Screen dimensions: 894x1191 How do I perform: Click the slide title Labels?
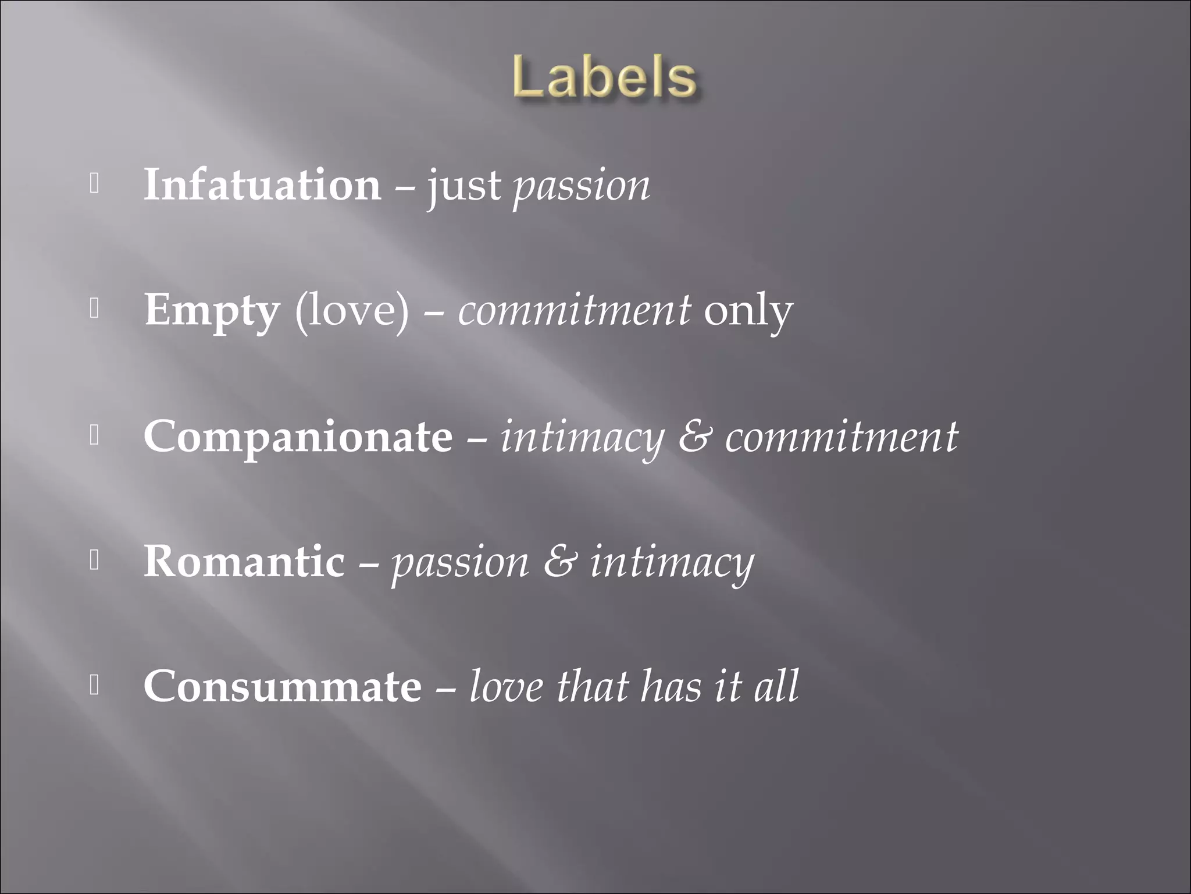[x=605, y=79]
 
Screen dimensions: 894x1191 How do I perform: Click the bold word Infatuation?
[x=262, y=185]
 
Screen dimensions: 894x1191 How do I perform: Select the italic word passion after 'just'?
[x=581, y=187]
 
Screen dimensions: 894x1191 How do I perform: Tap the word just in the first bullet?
[x=464, y=187]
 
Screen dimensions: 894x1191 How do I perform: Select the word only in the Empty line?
[x=748, y=311]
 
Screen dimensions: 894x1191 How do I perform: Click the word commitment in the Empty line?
[x=575, y=310]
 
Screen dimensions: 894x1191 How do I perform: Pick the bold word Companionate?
[x=298, y=437]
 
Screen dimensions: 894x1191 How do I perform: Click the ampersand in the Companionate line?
[x=694, y=437]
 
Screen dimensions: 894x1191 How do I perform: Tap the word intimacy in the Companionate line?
[x=582, y=438]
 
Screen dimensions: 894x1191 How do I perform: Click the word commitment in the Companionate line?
[x=841, y=437]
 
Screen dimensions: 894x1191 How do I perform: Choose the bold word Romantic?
[x=244, y=562]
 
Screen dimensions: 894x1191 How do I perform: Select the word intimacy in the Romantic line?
[x=672, y=563]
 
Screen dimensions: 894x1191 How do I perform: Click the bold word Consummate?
[x=283, y=687]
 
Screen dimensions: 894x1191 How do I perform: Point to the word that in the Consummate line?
[x=592, y=687]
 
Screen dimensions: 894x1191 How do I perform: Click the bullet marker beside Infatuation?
[x=95, y=185]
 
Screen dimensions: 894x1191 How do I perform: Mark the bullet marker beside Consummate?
[x=95, y=686]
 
